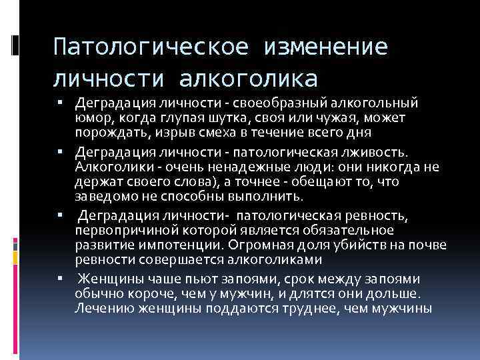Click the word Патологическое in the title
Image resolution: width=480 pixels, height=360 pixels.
tap(151, 47)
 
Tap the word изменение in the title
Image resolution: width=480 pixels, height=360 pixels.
tap(326, 47)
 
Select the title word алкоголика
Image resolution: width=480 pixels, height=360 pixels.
tap(248, 79)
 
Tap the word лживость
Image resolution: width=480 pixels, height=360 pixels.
tap(375, 152)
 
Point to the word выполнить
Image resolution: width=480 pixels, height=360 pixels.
tap(265, 197)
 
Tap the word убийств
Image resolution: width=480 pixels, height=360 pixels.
tap(366, 245)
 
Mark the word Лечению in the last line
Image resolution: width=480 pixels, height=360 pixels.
tap(105, 308)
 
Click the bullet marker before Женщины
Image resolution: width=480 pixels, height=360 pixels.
tap(60, 278)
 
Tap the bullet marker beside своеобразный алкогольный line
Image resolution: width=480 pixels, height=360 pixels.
tap(60, 102)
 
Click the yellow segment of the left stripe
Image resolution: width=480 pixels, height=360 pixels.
tap(15, 258)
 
